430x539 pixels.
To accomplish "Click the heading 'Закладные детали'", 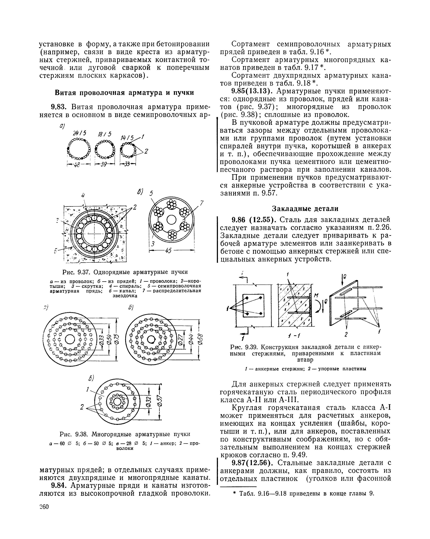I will [305, 208].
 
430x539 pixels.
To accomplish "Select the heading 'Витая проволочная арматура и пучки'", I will [124, 93].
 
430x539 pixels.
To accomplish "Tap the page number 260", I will [44, 507].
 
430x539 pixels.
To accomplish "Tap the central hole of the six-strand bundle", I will [172, 220].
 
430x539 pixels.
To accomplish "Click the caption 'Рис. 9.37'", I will [74, 272].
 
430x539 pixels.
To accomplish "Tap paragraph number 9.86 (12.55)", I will [254, 220].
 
